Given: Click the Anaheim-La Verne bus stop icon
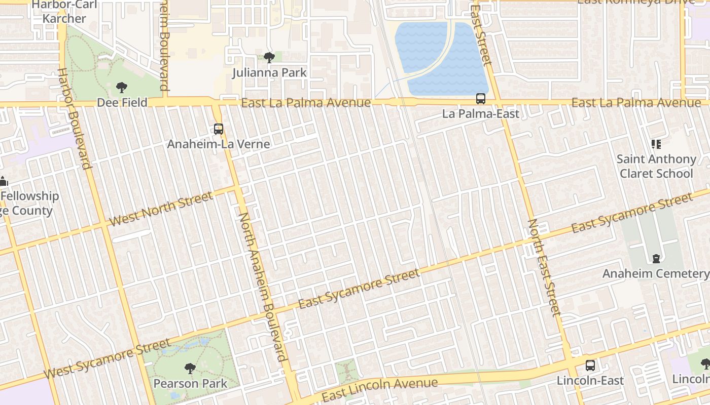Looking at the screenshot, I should pos(219,129).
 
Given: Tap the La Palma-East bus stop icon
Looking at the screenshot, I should pos(480,99).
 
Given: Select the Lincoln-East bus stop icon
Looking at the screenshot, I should pos(590,366).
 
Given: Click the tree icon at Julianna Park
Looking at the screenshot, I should pos(269,57).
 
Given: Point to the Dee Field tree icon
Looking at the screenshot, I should pos(122,88).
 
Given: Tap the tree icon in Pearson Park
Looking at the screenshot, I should pos(190,368).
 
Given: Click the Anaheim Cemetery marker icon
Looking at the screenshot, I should pos(656,259).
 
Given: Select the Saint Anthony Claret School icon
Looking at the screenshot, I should pos(656,144).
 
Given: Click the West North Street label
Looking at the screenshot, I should pos(161,209).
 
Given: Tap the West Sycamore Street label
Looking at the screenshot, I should pos(108,359).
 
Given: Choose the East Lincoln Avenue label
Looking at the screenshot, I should pos(380,387).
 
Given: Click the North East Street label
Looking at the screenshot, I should pos(545,267).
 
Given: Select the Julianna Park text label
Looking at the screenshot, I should pos(269,73).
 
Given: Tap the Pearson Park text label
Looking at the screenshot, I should pos(190,384).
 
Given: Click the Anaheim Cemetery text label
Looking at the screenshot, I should pos(655,274).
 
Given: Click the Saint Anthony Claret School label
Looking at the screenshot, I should pos(656,166).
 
